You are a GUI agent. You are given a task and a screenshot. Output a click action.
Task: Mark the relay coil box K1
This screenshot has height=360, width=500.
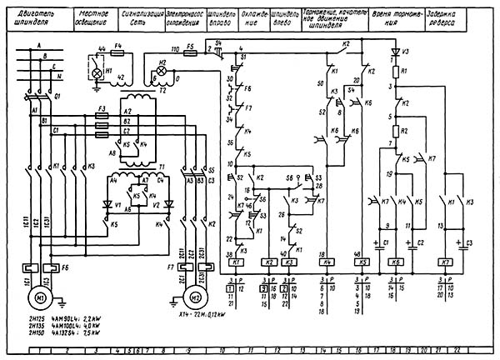tap(234, 262)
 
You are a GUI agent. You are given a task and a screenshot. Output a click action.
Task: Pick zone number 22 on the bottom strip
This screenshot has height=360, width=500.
tap(480, 352)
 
